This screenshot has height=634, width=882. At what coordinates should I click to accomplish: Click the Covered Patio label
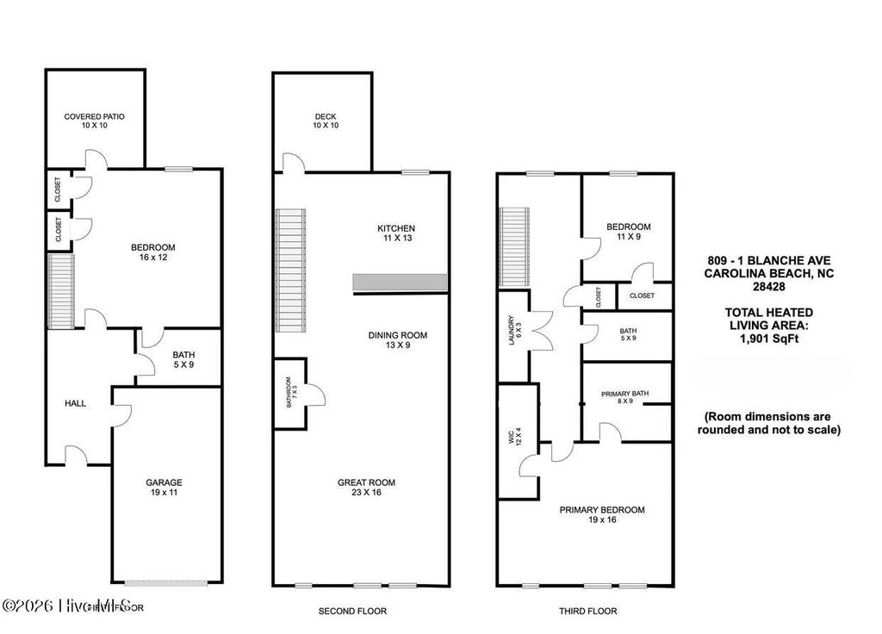pos(95,121)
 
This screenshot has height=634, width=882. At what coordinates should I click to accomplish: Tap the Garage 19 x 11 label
pos(164,488)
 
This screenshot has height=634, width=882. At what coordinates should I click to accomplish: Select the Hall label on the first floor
pos(76,402)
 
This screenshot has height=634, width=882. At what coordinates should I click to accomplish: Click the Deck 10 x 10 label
pos(325,121)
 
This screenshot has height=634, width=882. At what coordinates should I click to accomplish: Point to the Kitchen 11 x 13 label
pos(396,233)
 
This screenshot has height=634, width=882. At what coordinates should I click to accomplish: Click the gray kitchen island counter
pos(400,283)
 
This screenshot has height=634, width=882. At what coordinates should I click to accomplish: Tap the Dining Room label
pos(397,340)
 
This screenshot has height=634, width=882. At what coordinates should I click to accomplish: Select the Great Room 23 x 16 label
pos(366,488)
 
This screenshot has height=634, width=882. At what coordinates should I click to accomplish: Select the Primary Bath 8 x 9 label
pos(624,398)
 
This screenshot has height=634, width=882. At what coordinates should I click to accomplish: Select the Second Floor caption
pos(352,611)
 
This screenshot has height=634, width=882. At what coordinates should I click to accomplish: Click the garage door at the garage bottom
pos(164,582)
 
